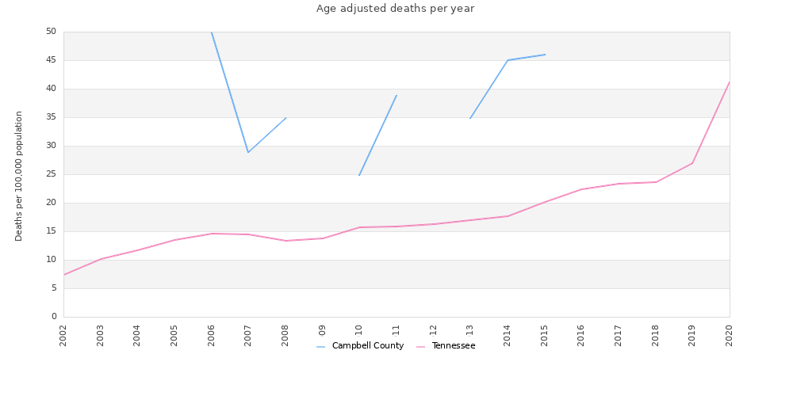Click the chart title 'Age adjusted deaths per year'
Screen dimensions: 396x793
coord(395,9)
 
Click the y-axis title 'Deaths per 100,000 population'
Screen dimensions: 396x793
coord(19,175)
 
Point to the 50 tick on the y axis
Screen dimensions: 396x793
coord(51,32)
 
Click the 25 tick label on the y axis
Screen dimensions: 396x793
coord(51,174)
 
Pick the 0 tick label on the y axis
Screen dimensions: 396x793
coord(53,317)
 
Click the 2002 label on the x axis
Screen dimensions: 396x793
coord(63,335)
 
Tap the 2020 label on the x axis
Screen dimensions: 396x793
coord(730,335)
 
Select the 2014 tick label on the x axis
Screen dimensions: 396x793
coord(508,335)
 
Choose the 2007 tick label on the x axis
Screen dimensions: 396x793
coord(248,335)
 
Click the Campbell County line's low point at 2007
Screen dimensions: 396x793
coord(248,152)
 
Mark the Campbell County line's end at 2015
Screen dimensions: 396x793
coord(545,55)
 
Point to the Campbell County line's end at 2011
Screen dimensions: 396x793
coord(396,95)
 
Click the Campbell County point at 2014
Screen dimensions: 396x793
coord(508,60)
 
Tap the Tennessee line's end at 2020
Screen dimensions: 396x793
coord(730,82)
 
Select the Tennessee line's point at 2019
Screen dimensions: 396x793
coord(692,163)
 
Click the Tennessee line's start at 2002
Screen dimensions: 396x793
coord(63,275)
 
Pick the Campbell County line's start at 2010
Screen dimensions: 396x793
coord(359,175)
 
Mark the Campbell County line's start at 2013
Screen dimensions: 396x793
coord(470,119)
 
